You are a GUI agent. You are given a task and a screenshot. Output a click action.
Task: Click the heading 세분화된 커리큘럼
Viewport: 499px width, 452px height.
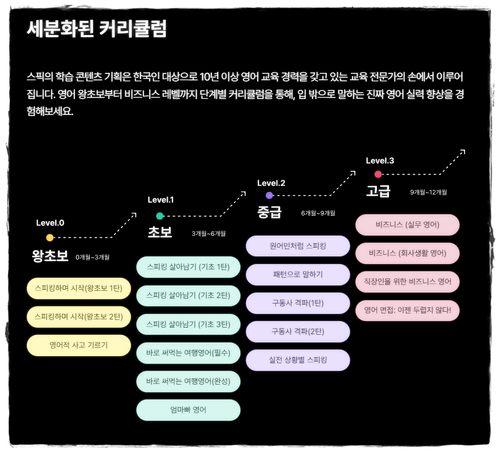(96, 29)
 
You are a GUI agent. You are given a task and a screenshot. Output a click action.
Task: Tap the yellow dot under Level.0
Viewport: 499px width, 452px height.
(50, 238)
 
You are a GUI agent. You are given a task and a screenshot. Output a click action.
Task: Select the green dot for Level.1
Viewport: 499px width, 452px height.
(160, 216)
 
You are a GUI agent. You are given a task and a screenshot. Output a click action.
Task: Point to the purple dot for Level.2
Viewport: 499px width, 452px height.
(269, 195)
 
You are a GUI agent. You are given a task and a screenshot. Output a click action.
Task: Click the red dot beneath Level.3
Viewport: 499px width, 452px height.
(378, 174)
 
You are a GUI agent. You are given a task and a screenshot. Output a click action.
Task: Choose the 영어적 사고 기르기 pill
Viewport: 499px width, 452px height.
(78, 345)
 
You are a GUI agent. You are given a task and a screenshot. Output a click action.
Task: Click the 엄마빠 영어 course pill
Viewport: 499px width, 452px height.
(188, 410)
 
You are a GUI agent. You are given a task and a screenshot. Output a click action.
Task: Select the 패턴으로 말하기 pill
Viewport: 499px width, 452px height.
(297, 274)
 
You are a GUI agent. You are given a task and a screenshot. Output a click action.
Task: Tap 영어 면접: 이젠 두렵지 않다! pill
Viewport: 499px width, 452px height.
(407, 311)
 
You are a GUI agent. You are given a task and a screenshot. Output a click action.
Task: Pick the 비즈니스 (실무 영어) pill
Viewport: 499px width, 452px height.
(407, 225)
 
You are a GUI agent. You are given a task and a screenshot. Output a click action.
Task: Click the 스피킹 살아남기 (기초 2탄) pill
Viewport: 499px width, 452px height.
(188, 295)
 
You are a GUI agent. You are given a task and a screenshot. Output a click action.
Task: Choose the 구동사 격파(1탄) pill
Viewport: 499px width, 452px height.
(297, 303)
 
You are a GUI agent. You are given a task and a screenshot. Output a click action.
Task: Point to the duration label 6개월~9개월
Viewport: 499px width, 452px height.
(318, 213)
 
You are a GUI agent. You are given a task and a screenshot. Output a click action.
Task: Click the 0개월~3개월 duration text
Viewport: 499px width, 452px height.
(93, 257)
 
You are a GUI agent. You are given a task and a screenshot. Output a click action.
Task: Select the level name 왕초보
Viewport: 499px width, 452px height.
(50, 256)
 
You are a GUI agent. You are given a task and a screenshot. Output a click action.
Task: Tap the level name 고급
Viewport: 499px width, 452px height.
(378, 191)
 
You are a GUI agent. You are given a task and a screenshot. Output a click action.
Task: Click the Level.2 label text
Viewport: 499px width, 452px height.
(271, 183)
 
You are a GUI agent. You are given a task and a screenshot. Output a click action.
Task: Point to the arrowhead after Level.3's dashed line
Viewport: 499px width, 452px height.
(463, 151)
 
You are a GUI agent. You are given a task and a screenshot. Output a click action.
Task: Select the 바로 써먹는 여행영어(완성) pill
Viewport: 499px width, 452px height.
(188, 381)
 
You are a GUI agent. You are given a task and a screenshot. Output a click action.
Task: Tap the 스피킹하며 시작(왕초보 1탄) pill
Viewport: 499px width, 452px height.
(78, 288)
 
